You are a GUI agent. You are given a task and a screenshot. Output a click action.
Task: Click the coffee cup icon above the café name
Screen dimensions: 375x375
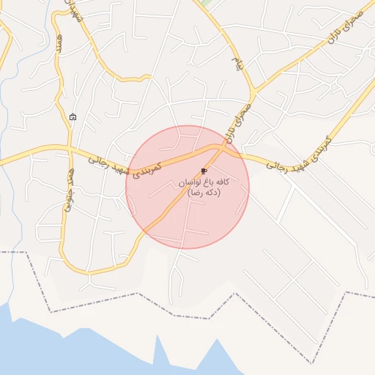pyautogui.click(x=204, y=170)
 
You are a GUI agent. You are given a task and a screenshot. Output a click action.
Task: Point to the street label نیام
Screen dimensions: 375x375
pyautogui.click(x=237, y=63)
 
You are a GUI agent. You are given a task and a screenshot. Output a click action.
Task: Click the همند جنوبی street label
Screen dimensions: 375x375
pyautogui.click(x=69, y=188)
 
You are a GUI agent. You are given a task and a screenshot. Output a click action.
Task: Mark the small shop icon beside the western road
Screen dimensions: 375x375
pyautogui.click(x=73, y=117)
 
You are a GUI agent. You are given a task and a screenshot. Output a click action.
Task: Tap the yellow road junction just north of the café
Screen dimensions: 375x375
pyautogui.click(x=219, y=146)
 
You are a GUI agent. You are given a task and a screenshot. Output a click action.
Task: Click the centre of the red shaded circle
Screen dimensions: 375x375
pyautogui.click(x=187, y=187)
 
